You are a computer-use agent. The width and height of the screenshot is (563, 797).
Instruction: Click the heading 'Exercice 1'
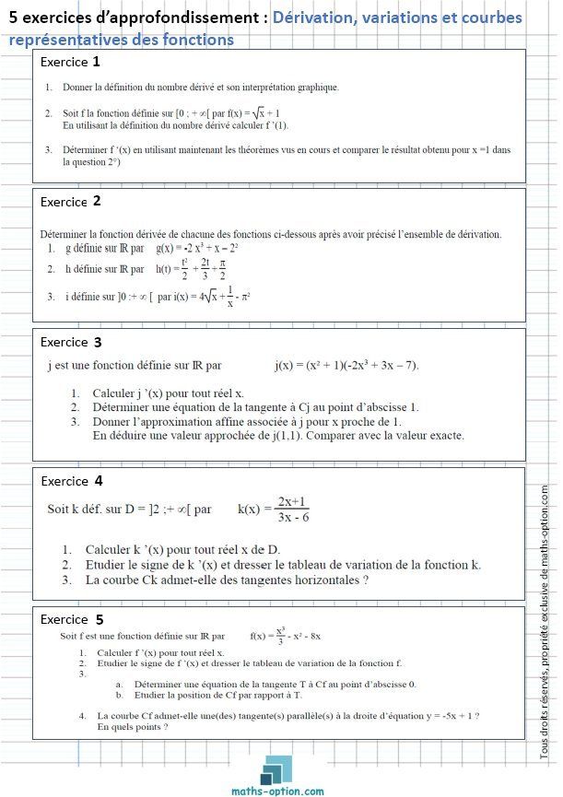71,63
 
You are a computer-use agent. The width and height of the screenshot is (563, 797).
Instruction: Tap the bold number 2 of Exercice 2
97,200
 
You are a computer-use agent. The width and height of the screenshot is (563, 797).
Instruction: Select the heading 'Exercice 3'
71,342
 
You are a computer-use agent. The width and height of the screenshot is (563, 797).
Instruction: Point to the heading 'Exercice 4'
72,480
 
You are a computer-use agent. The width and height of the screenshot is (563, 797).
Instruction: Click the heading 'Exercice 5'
72,619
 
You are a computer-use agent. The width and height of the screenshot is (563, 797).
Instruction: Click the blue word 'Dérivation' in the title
318,18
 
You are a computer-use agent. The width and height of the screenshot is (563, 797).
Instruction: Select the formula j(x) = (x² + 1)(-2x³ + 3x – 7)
346,366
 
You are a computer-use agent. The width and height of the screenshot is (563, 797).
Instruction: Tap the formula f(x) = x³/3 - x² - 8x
285,636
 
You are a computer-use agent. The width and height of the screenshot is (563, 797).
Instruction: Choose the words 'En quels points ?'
133,726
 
